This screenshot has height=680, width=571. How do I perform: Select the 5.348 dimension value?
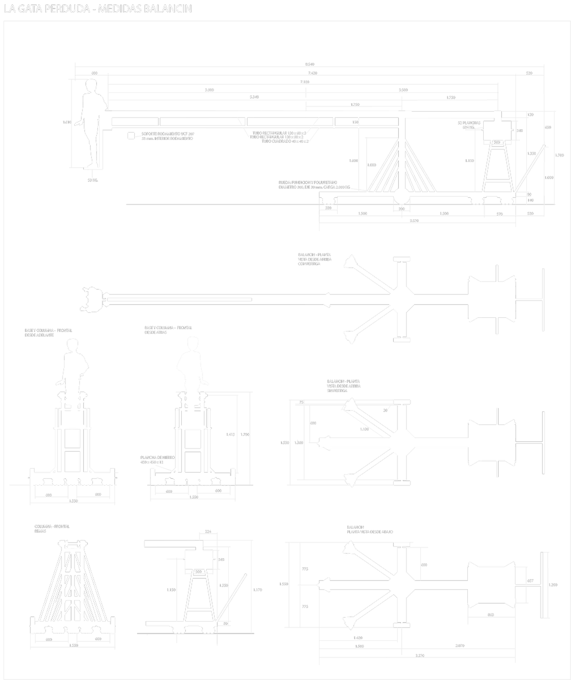254,97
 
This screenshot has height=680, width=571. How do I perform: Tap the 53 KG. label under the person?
93,180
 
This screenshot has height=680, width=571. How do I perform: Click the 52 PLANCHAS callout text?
469,122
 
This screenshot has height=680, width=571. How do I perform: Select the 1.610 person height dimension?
67,122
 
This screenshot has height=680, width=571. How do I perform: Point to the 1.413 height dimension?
230,434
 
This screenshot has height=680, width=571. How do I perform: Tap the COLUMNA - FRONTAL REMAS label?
52,529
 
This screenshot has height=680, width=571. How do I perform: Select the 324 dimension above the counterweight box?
207,532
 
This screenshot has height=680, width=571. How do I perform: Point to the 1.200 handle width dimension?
553,585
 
